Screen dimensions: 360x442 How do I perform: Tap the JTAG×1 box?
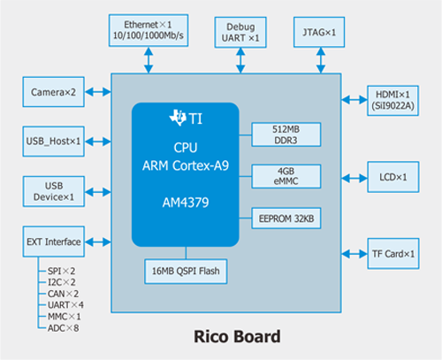(317, 32)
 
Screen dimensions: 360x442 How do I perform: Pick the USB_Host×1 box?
(53, 141)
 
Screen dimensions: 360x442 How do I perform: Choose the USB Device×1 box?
(53, 191)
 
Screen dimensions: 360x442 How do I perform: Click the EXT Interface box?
(53, 241)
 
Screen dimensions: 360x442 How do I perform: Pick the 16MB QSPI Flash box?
(185, 269)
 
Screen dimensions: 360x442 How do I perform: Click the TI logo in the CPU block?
(185, 118)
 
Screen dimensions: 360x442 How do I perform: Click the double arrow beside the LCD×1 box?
(354, 177)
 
